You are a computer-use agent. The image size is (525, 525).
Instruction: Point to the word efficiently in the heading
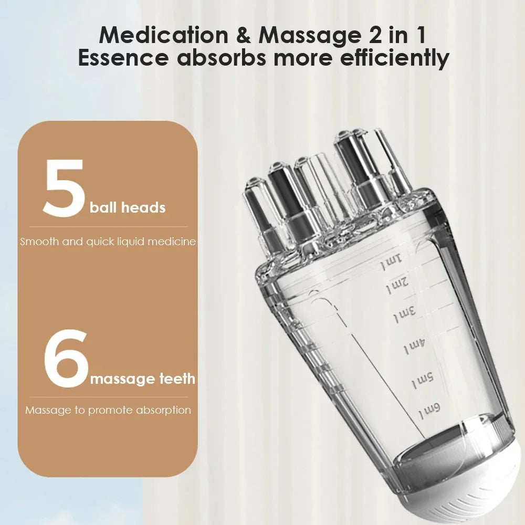pos(394,58)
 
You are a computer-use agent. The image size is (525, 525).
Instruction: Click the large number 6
pos(66,360)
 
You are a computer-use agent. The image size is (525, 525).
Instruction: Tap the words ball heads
pos(128,207)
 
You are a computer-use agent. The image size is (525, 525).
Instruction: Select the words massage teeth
pos(143,378)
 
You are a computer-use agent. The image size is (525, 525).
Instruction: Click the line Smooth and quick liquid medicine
pos(108,242)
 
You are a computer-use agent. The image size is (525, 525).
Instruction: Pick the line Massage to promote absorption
pos(108,410)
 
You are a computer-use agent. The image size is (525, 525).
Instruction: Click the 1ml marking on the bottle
pos(391,262)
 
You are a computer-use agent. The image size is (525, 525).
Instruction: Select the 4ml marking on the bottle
pos(414,346)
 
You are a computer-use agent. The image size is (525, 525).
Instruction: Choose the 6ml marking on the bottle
pos(429,411)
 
